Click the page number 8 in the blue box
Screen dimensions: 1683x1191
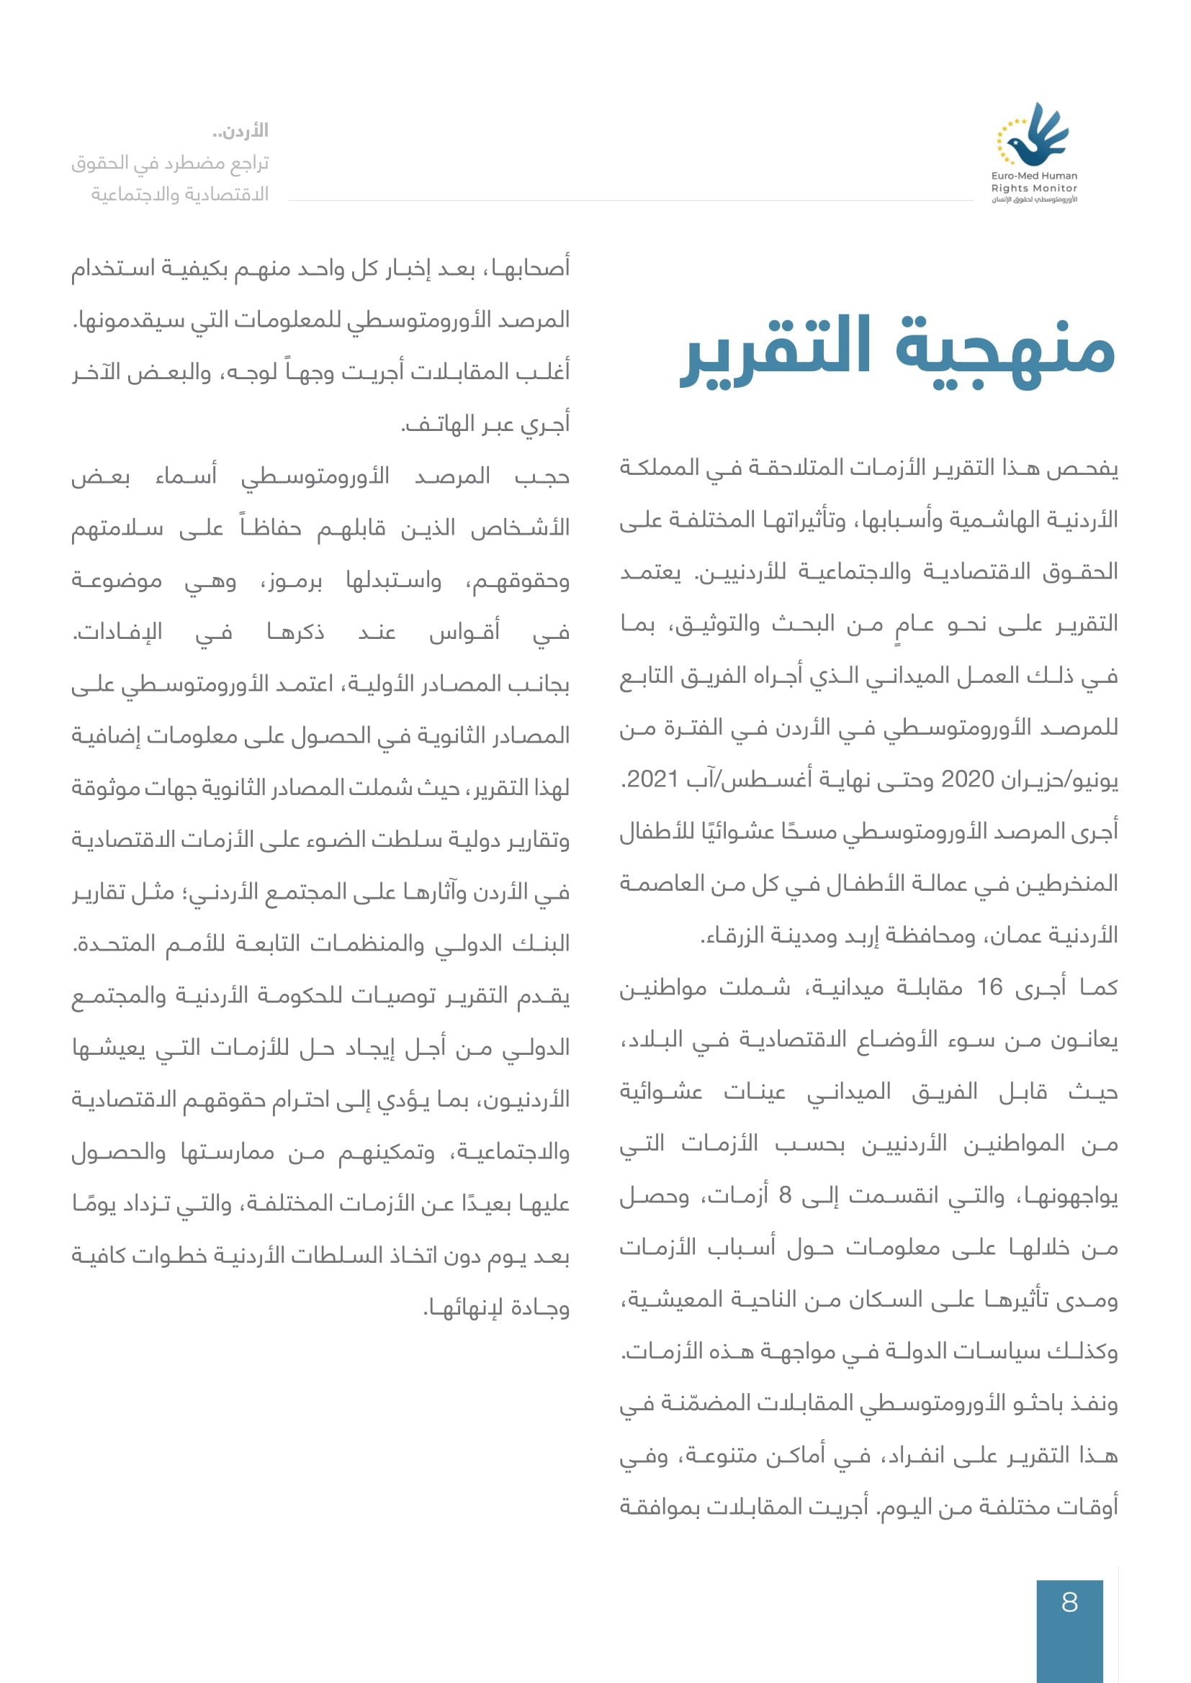click(1069, 1602)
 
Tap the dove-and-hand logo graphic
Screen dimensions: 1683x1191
click(1033, 135)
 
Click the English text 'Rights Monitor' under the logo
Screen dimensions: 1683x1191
click(1034, 188)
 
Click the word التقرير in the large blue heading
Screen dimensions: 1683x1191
click(776, 348)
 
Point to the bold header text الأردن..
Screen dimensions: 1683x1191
click(244, 131)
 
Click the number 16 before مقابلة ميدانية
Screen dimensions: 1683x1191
click(989, 987)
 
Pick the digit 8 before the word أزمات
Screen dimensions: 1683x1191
click(786, 1196)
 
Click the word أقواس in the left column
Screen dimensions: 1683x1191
click(464, 632)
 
